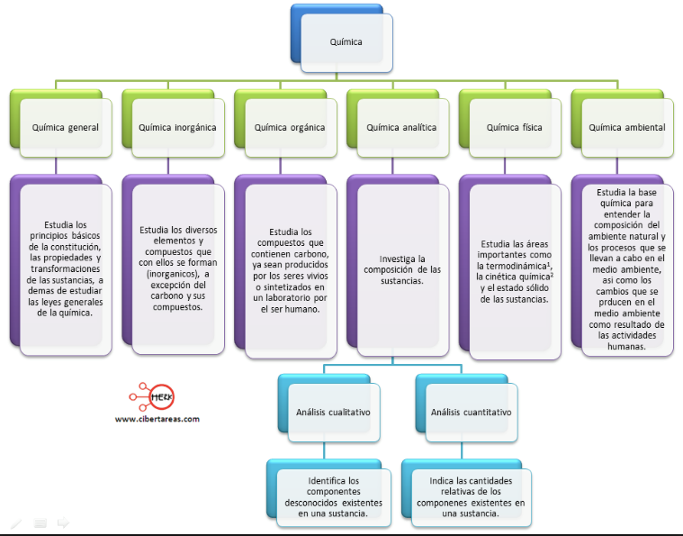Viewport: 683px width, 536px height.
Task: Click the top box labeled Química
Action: click(x=342, y=39)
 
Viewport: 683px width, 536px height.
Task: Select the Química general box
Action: click(x=61, y=123)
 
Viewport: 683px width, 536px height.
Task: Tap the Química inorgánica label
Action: click(x=177, y=127)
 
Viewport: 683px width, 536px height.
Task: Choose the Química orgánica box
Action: click(x=286, y=123)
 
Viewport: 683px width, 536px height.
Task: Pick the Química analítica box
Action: click(x=398, y=123)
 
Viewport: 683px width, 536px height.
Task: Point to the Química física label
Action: click(x=515, y=127)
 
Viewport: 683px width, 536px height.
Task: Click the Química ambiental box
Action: click(x=623, y=123)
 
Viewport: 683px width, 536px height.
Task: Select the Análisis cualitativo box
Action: click(x=329, y=408)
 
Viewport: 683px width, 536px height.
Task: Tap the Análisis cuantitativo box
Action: click(x=467, y=408)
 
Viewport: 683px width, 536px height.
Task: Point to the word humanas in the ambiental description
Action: click(x=626, y=347)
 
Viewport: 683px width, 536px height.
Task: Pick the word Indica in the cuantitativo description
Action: click(x=441, y=481)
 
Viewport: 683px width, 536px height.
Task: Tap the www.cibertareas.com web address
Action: click(x=157, y=419)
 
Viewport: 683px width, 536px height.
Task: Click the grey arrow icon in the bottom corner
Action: click(x=63, y=522)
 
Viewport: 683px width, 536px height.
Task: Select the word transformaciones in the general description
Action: click(x=66, y=268)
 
